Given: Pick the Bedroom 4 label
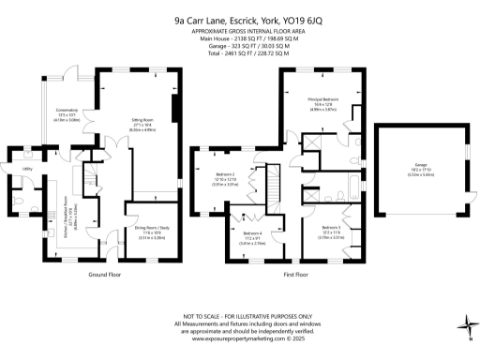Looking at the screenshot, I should (251, 235).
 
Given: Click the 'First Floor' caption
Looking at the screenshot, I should (296, 275).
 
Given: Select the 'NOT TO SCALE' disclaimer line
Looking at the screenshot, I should (240, 316).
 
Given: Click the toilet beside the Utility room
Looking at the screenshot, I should (19, 200).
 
